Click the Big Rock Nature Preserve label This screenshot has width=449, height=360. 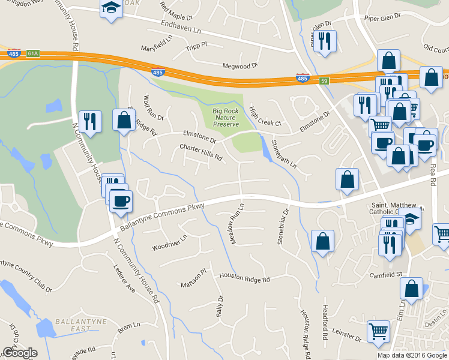pyautogui.click(x=226, y=117)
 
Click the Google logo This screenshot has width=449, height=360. pyautogui.click(x=19, y=353)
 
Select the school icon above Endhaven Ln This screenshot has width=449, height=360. pyautogui.click(x=111, y=8)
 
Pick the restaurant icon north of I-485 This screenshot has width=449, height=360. pyautogui.click(x=325, y=41)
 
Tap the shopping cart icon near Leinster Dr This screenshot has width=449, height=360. pyautogui.click(x=378, y=331)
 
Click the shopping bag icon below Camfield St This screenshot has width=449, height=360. pyautogui.click(x=412, y=289)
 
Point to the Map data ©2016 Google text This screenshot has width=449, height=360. pyautogui.click(x=412, y=355)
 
